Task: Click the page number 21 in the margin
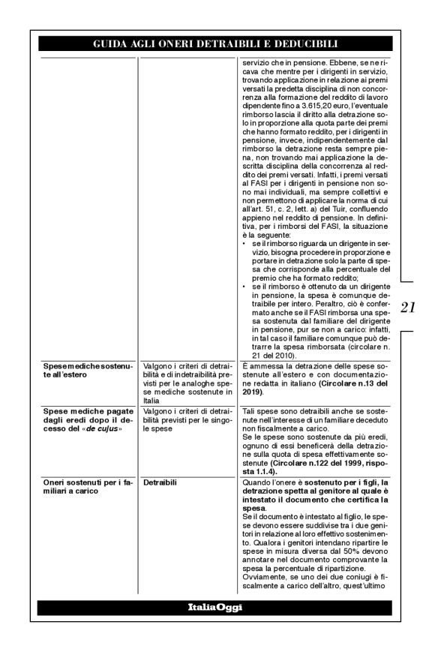[409, 308]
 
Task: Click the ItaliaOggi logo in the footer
[217, 607]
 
